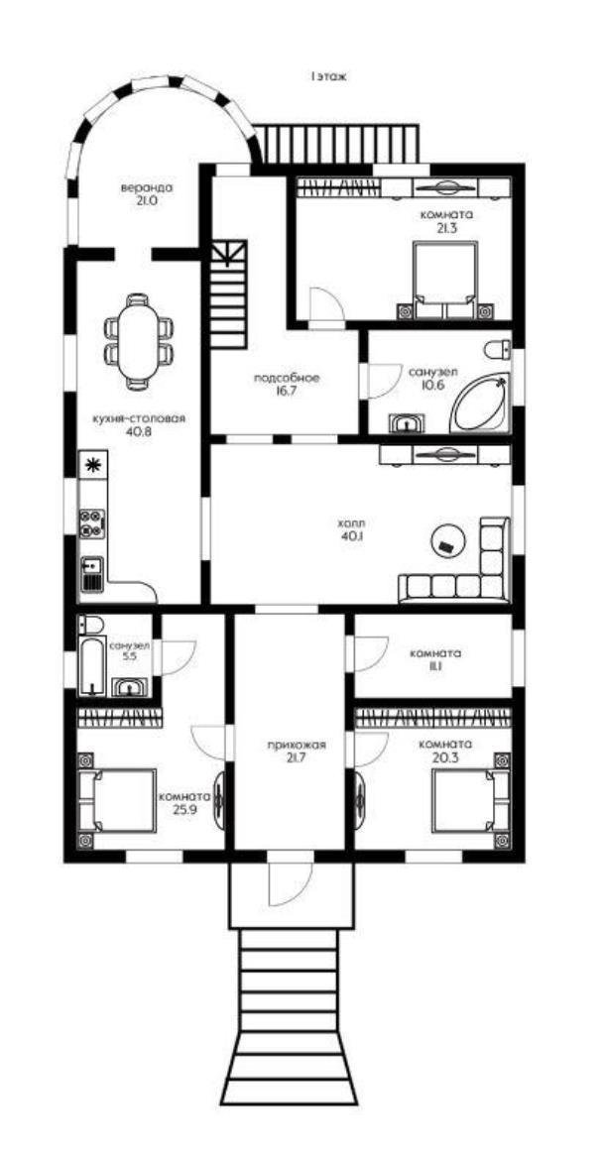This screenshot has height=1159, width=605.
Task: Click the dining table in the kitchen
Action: coord(138,341)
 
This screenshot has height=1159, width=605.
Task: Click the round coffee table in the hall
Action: coord(447,539)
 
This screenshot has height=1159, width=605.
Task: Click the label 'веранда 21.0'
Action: coord(147,193)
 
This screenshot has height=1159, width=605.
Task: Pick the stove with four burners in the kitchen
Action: coord(92,522)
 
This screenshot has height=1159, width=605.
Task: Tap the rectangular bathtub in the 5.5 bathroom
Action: coord(91,666)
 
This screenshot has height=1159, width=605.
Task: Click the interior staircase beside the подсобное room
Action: coord(228,295)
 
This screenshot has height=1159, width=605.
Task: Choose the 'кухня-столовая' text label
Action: coord(138,418)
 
